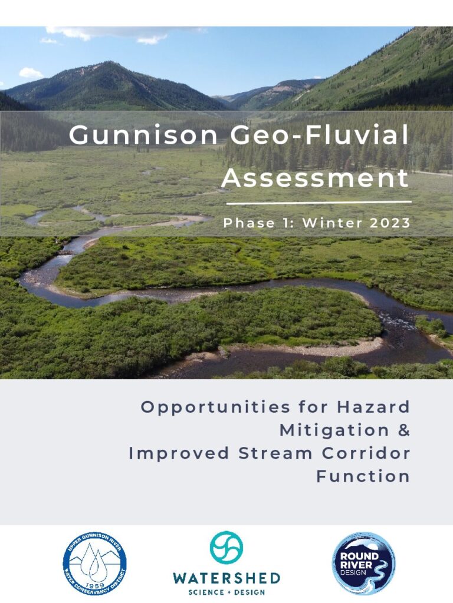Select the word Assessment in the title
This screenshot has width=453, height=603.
click(315, 178)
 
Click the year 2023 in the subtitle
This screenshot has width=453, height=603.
click(390, 223)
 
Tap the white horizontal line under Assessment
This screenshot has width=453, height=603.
click(319, 202)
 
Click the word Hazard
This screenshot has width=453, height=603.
click(373, 406)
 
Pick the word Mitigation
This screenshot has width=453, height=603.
click(334, 430)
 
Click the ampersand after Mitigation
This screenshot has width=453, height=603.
click(403, 430)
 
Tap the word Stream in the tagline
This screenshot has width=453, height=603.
click(275, 453)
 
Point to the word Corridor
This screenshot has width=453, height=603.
click(366, 453)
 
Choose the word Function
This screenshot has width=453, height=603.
click(363, 476)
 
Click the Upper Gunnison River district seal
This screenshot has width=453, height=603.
click(94, 564)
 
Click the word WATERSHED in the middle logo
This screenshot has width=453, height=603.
click(226, 578)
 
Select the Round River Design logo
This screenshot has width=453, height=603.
click(363, 564)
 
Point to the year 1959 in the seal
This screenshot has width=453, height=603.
click(94, 585)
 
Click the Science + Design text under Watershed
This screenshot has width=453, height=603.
click(226, 592)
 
